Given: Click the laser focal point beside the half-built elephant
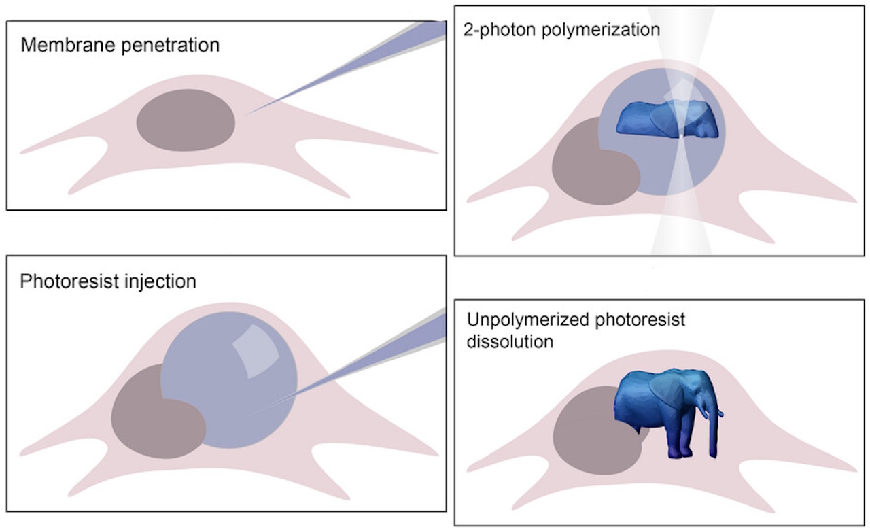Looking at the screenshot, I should tap(680, 137).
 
